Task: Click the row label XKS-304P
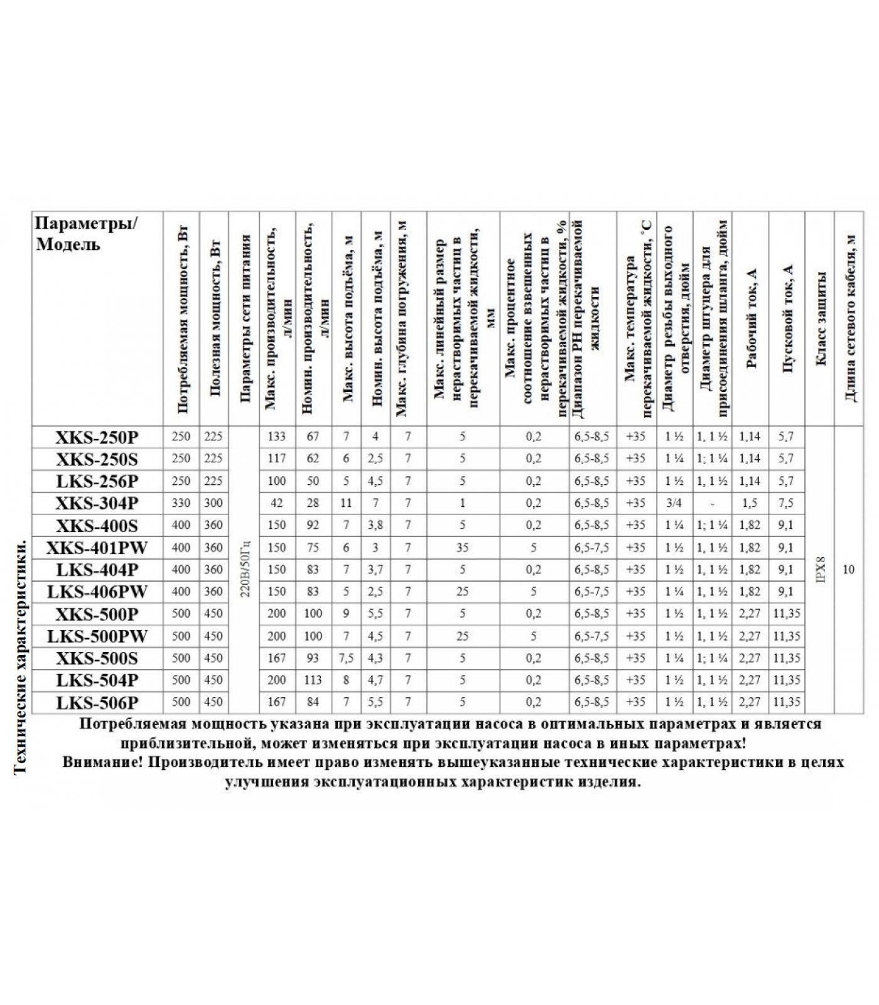point(97,503)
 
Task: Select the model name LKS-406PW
point(97,592)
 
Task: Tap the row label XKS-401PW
point(97,548)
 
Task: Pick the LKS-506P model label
point(97,702)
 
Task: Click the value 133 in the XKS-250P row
point(276,437)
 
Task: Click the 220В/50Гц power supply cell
point(245,570)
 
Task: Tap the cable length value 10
point(848,570)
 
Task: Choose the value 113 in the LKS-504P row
point(313,680)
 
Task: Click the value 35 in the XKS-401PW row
point(462,548)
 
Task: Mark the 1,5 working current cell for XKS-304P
point(750,503)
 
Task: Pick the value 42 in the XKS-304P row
point(276,503)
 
